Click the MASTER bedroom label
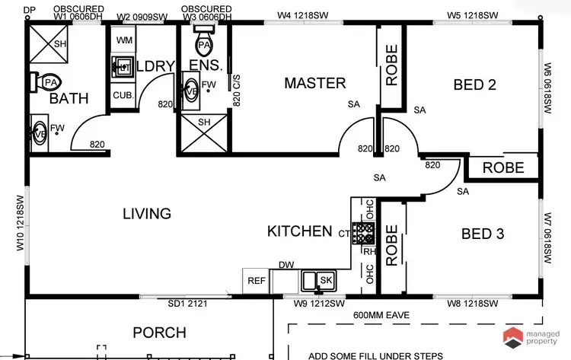314,83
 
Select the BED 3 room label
483,234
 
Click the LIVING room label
147,214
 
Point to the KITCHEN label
299,231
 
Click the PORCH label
159,333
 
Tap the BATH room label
69,98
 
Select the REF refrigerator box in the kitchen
257,281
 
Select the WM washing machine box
124,39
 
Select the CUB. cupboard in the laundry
122,96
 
